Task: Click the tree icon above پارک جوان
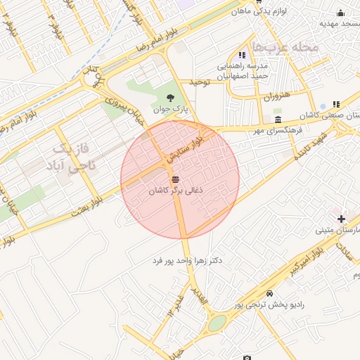tap(169, 98)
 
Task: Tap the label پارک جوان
tap(174, 110)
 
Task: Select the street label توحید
tap(200, 82)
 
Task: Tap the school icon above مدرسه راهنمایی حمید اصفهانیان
tap(242, 55)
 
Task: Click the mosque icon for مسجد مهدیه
tap(341, 12)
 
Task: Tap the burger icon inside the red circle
tap(175, 179)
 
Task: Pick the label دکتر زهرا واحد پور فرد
tap(187, 260)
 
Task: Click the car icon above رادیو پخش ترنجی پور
tap(270, 293)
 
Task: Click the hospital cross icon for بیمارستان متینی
tap(341, 219)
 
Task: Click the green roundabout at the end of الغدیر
tap(217, 323)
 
